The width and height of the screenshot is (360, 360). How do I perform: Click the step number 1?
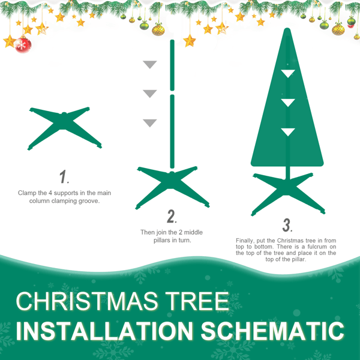coord(64,177)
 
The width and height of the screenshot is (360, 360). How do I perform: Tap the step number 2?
coord(171,216)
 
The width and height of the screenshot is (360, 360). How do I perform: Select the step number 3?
coord(287,225)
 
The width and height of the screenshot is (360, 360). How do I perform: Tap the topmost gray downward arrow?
coord(149,65)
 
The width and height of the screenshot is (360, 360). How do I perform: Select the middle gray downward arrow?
coord(149,94)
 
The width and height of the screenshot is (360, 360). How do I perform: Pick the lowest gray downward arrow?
coord(149,123)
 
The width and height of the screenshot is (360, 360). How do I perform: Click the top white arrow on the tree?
coord(289,73)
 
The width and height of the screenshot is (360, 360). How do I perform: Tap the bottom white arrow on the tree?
coord(289,132)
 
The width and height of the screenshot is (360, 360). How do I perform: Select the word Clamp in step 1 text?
coord(28,193)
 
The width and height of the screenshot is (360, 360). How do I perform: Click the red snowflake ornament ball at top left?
coord(23,44)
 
